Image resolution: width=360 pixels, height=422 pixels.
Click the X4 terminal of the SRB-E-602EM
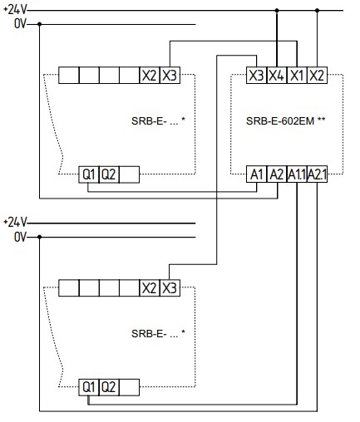(x=277, y=75)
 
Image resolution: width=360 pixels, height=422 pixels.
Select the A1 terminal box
(x=257, y=174)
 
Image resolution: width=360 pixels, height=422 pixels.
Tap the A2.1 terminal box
(x=318, y=174)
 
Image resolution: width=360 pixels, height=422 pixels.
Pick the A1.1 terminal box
(x=297, y=174)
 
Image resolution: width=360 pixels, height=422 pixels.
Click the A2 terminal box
(x=277, y=174)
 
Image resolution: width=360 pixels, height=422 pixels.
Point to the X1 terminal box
(x=297, y=75)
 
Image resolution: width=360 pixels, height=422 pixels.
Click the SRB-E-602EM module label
(x=285, y=120)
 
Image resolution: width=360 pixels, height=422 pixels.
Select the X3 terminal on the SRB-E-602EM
(x=256, y=75)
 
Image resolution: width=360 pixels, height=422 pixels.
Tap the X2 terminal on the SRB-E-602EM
(x=317, y=75)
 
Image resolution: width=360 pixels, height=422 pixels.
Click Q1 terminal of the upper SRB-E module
(x=89, y=174)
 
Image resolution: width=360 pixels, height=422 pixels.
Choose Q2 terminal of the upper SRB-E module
(x=109, y=174)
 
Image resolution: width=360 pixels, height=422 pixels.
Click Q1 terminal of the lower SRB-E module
(x=89, y=387)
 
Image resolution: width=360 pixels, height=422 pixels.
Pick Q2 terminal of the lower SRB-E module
(x=109, y=387)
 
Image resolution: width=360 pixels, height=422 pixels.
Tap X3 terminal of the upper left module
(x=170, y=75)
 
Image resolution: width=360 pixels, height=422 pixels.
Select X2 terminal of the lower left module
(x=150, y=288)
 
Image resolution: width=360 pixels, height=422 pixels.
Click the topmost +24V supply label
(x=15, y=10)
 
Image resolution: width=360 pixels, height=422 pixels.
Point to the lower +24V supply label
(x=15, y=222)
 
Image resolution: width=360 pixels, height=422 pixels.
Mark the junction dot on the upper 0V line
(x=40, y=24)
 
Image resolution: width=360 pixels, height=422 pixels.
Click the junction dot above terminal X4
(x=277, y=11)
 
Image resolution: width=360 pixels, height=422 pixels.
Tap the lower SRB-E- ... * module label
(x=158, y=333)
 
